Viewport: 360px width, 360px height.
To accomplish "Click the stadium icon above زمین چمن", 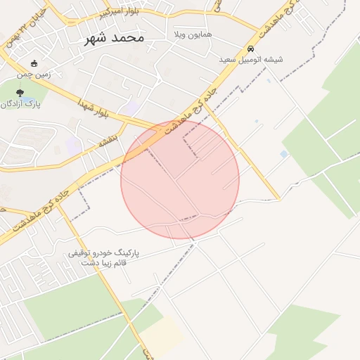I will click(35, 64).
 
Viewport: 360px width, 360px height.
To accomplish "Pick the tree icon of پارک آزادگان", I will click(19, 92).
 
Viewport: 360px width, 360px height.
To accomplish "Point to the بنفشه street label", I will click(110, 143).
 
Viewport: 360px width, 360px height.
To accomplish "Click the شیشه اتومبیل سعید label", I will click(251, 60).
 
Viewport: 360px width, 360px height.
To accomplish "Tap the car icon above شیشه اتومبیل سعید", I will click(251, 49).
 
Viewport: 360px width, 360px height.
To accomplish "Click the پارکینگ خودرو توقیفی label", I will click(105, 252).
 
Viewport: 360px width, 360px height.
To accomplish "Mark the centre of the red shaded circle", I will click(180, 179).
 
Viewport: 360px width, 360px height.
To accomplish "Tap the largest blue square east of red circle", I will click(284, 154).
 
